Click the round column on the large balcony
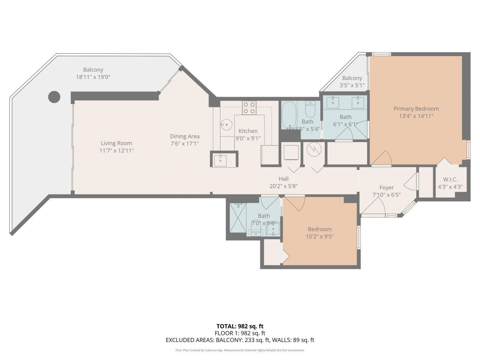[x=54, y=97]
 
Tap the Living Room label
[x=116, y=143]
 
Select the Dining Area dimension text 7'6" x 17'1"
[x=184, y=144]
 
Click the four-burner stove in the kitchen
[x=249, y=108]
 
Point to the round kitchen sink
[x=226, y=124]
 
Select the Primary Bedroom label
[x=416, y=109]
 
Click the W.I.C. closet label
[x=450, y=180]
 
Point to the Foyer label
[x=386, y=187]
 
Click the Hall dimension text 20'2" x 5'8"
[x=283, y=186]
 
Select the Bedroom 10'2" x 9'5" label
[x=319, y=229]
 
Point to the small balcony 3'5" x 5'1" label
[x=352, y=78]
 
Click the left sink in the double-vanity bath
[x=333, y=102]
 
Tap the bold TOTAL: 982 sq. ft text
[x=240, y=326]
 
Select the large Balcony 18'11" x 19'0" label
[x=93, y=70]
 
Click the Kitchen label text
[x=248, y=131]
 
